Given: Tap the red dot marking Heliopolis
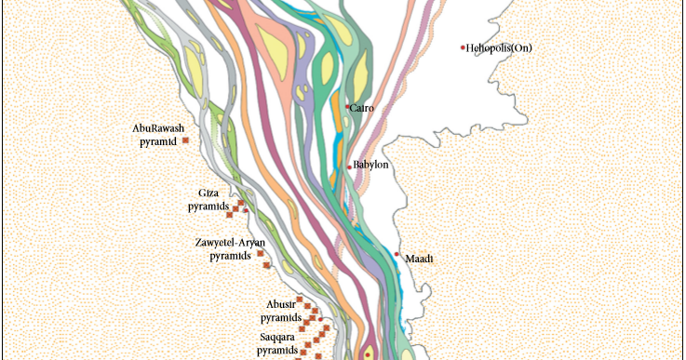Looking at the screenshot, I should coord(463,47).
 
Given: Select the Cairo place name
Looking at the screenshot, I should coord(362,109).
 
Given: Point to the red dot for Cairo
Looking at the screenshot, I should coord(348,107).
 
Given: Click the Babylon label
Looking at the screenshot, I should coord(370,166).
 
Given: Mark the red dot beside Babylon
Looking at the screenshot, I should coord(350,167).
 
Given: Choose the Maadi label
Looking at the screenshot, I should coord(418,259).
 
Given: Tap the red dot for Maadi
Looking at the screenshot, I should coord(397,254).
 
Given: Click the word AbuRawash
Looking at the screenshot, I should coord(159,128).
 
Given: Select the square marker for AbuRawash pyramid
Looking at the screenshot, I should coord(186,140).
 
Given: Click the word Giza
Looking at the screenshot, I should coord(208,193).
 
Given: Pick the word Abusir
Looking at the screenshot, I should coord(280,304).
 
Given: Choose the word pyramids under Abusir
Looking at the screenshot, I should coord(281,317).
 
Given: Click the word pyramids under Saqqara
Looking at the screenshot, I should coord(278,350).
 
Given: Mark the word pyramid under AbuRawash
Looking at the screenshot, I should coord(156,141).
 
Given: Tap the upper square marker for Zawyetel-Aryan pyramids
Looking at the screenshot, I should coord(260,253).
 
